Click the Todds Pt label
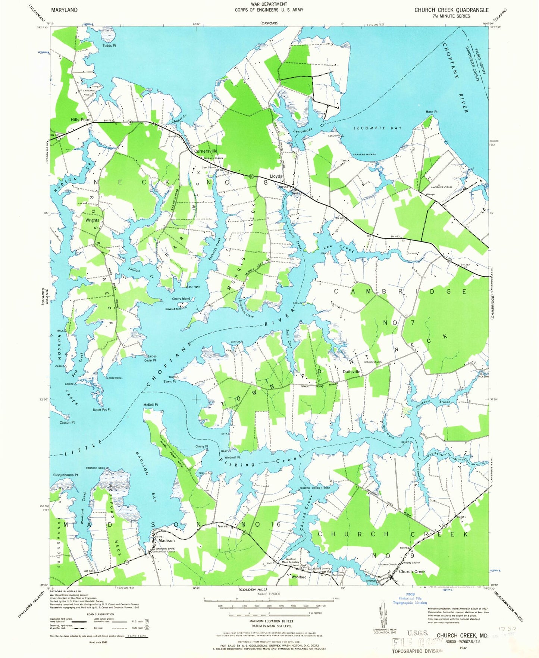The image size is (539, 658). click(x=109, y=46)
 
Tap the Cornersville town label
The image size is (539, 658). click(x=206, y=151)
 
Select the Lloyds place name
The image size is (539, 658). click(x=276, y=176)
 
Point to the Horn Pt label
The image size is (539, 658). click(x=431, y=112)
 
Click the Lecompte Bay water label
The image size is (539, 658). click(x=377, y=128)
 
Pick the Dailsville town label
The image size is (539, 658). click(x=351, y=372)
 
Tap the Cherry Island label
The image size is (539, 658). click(x=181, y=299)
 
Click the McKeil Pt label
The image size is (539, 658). click(x=151, y=405)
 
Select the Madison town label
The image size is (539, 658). click(x=166, y=540)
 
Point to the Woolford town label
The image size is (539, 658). click(x=299, y=577)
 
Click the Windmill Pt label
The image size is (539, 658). click(x=232, y=457)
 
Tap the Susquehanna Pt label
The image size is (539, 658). click(x=66, y=475)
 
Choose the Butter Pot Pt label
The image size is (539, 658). click(x=101, y=409)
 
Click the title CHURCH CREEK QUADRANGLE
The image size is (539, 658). click(x=451, y=10)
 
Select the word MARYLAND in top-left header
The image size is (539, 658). click(x=64, y=10)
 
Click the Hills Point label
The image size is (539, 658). click(x=81, y=120)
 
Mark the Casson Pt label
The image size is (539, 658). click(x=67, y=422)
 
